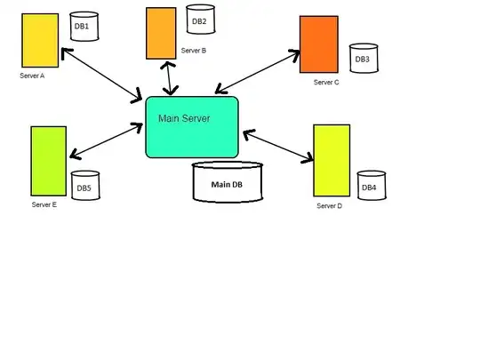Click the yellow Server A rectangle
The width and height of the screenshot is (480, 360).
(41, 40)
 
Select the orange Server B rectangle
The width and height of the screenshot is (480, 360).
(161, 33)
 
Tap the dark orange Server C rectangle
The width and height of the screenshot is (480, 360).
(319, 44)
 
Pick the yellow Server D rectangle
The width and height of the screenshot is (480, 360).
(332, 160)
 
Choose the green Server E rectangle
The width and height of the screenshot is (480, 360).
(48, 161)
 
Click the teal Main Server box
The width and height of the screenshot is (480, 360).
(192, 127)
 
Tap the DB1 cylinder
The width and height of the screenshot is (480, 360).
(82, 28)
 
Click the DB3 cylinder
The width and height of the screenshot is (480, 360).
(363, 59)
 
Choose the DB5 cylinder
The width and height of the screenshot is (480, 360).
(84, 188)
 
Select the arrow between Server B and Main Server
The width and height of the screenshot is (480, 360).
(168, 77)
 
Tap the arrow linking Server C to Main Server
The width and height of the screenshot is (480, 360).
(257, 73)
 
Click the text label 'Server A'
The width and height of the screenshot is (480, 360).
(32, 76)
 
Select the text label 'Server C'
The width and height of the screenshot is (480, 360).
(326, 83)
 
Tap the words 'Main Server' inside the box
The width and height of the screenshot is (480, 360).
(184, 118)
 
